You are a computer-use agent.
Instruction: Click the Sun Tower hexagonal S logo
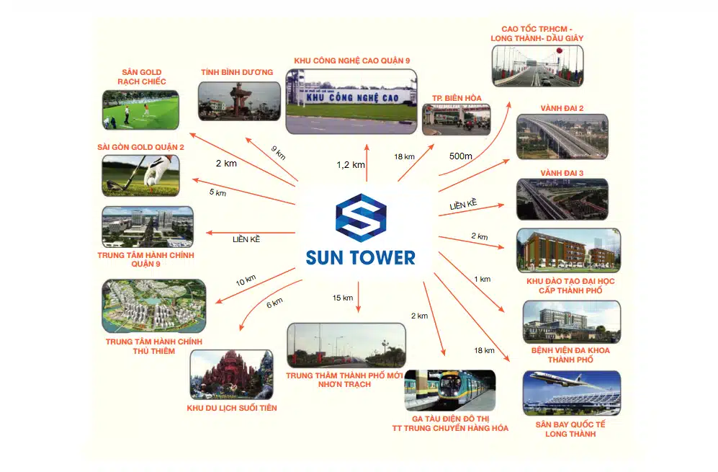pos(361,218)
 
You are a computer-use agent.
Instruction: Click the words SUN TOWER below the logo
pos(361,258)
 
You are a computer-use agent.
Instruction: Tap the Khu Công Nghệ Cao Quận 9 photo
pos(351,101)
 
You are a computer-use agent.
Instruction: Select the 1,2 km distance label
pos(351,165)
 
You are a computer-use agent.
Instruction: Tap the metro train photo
pos(449,390)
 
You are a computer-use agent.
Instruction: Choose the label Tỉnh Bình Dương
pos(237,72)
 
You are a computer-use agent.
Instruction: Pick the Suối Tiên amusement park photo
pos(231,375)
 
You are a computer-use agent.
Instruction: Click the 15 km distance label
pos(342,298)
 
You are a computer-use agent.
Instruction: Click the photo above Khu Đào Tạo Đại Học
pos(567,250)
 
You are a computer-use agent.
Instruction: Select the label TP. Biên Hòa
pos(457,97)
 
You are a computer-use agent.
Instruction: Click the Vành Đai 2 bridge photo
pos(562,136)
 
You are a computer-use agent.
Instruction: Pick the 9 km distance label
pos(279,153)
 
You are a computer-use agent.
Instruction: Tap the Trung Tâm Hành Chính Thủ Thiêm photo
pos(153,306)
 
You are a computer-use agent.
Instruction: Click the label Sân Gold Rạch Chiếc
pos(141,77)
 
